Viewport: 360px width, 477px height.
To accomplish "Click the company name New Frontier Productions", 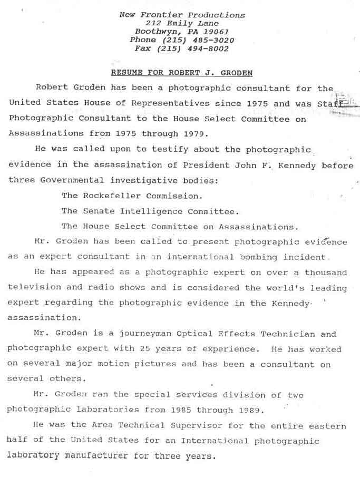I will click(x=182, y=15).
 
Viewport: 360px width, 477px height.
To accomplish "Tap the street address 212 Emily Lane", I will click(x=182, y=23).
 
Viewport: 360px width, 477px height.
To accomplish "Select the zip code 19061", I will click(x=217, y=32).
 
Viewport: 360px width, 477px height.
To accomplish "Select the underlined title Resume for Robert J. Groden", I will click(x=182, y=72).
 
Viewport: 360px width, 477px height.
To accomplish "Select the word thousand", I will click(x=325, y=272).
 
